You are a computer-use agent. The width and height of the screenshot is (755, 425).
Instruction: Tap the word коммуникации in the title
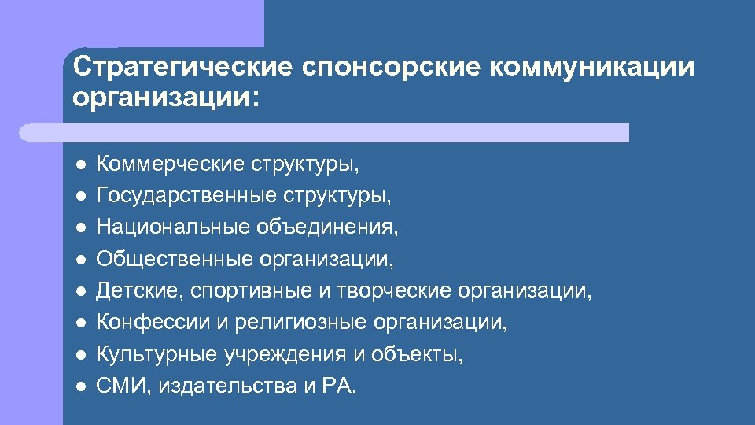point(592,67)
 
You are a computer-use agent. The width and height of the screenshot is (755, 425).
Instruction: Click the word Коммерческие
point(170,164)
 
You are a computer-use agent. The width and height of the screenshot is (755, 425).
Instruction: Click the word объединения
point(326,227)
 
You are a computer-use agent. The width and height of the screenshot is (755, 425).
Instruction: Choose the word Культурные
point(158,355)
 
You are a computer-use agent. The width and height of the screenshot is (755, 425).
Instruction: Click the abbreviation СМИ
point(116,386)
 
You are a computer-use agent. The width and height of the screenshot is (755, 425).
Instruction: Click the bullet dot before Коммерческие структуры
point(80,164)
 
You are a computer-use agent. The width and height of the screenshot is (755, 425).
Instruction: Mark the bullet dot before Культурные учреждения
point(80,355)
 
